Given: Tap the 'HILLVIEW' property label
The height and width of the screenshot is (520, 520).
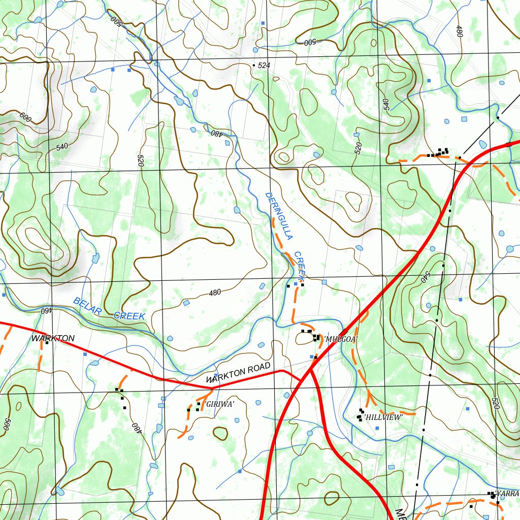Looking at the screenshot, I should click(x=383, y=417).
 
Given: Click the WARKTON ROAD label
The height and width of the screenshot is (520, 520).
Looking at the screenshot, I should click(x=239, y=375).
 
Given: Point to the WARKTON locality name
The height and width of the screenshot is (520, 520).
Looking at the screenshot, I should click(x=53, y=338).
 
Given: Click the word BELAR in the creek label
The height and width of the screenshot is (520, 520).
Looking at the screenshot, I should click(x=88, y=306).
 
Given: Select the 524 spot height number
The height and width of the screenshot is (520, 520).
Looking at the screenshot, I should click(x=264, y=66).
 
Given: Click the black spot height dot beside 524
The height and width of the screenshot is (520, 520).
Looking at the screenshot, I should click(x=254, y=66).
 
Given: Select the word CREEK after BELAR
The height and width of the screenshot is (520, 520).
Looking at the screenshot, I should click(x=129, y=316).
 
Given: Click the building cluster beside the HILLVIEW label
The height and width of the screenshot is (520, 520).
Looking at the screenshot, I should click(x=361, y=413).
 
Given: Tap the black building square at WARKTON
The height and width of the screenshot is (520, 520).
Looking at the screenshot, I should click(x=47, y=343).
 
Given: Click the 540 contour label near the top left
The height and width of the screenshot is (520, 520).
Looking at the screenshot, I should click(x=62, y=147).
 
